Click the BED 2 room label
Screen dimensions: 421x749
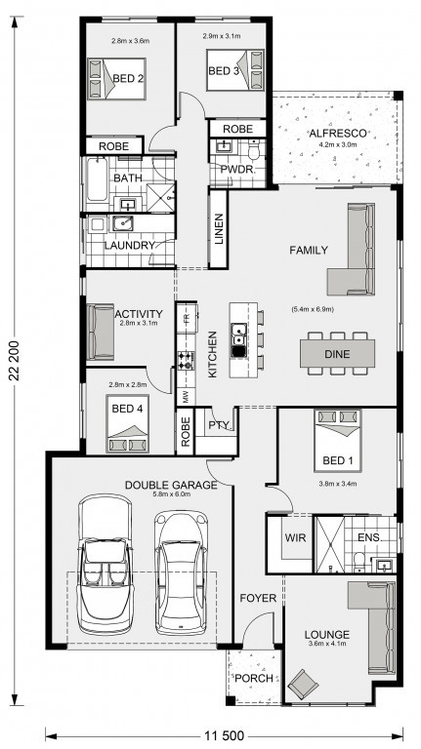(x=128, y=78)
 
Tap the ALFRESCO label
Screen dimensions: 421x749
(x=338, y=133)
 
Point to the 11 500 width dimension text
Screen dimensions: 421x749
(x=224, y=735)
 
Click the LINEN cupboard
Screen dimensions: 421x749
(x=218, y=229)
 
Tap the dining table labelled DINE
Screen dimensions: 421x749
(x=337, y=354)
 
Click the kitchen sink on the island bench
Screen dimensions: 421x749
(x=237, y=339)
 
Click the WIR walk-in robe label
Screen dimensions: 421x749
(x=295, y=537)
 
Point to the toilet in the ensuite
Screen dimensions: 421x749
(x=358, y=562)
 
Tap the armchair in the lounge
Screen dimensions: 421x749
(x=303, y=683)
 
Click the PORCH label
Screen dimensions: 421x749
(x=254, y=678)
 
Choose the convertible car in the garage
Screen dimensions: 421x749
(x=105, y=564)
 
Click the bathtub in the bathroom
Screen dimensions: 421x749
(x=97, y=179)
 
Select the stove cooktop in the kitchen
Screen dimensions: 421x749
(x=186, y=360)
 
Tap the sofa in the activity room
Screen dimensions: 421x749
(x=101, y=332)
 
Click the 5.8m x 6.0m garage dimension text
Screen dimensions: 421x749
(x=171, y=494)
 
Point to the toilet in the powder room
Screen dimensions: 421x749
(x=254, y=149)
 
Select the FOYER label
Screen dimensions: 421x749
(x=258, y=598)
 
